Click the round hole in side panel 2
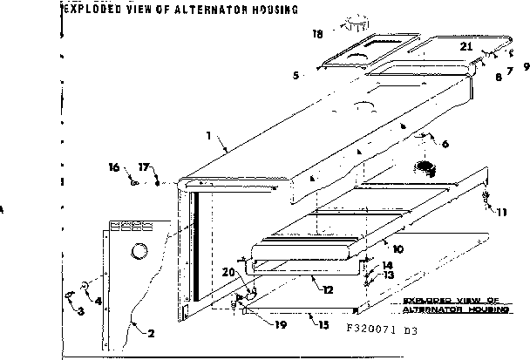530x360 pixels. pyautogui.click(x=139, y=254)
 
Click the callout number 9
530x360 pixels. pyautogui.click(x=526, y=67)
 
